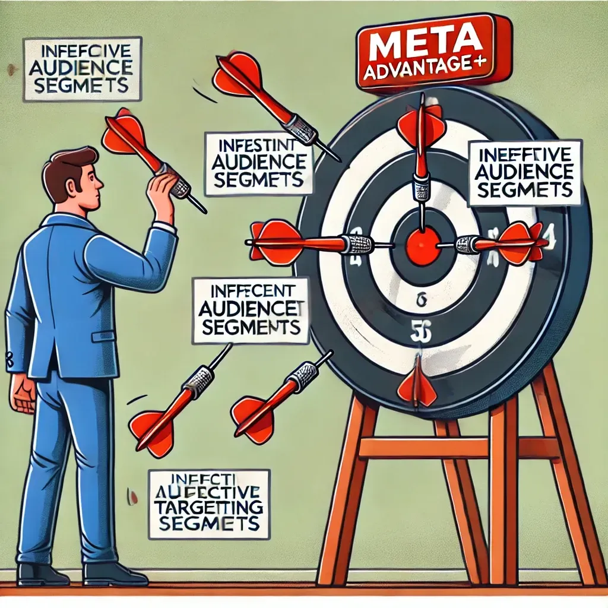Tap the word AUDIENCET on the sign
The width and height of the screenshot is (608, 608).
point(250,309)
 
